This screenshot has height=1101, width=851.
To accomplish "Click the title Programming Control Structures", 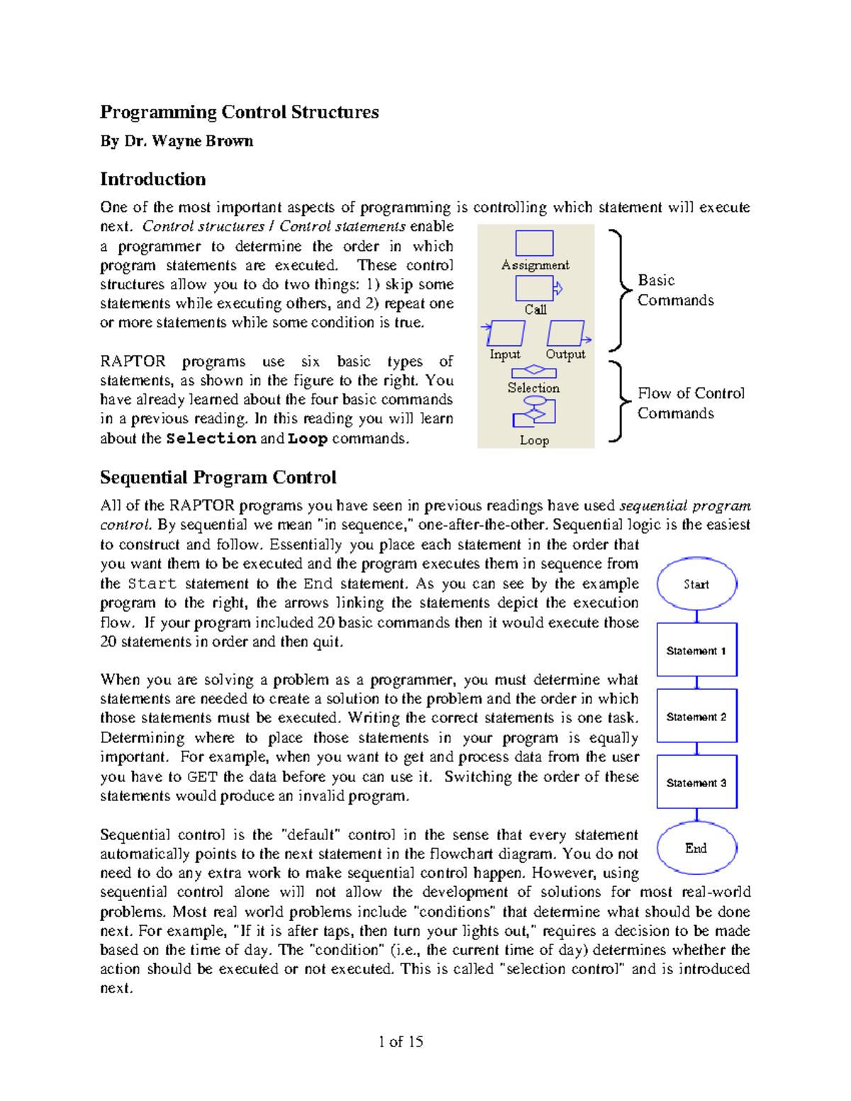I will tap(239, 112).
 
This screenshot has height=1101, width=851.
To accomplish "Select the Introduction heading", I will tap(152, 179).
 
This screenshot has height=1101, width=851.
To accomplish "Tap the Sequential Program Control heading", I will tap(218, 477).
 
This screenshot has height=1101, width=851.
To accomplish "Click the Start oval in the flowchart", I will tap(696, 584).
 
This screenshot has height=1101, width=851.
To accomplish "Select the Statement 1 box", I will tap(696, 650).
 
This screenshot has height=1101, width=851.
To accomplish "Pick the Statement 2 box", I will tap(696, 716).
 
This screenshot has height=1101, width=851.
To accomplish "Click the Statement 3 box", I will tap(696, 782).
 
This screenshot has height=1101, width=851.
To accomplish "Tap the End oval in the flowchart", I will tap(696, 848).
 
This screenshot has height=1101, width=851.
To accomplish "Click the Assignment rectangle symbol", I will tap(534, 243).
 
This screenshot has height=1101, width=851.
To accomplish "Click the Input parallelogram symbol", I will tap(506, 333).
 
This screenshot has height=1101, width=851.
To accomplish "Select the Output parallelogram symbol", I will tap(566, 333).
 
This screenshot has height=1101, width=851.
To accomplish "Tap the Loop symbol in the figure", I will tap(534, 411).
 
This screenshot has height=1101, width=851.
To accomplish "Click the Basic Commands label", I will tap(674, 290).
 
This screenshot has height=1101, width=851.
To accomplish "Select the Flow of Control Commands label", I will tap(690, 403).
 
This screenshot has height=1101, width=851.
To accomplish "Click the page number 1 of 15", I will tap(401, 1041).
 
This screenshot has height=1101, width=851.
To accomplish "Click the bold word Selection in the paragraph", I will tap(211, 438).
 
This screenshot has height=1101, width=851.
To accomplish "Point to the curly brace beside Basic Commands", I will tap(619, 290).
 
